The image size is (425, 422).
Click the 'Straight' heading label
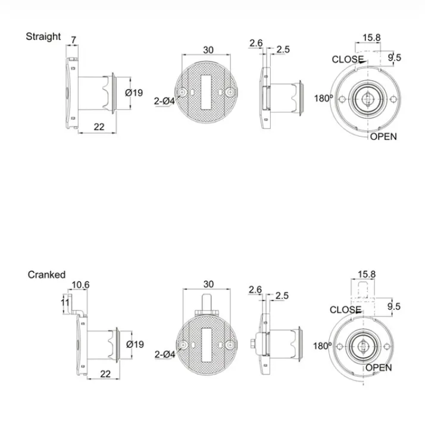[x=43, y=36]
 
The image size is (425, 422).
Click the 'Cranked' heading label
[x=46, y=275]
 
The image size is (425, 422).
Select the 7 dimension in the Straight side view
[x=73, y=40]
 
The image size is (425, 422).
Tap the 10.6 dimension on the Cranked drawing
[x=80, y=285]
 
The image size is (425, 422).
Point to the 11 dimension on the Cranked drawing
[x=66, y=302]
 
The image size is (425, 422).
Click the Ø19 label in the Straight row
[x=134, y=93]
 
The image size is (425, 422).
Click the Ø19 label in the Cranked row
[x=135, y=344]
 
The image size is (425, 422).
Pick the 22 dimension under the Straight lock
[x=99, y=127]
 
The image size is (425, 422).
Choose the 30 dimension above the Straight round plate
[x=208, y=50]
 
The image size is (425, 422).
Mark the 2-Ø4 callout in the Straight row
[x=165, y=101]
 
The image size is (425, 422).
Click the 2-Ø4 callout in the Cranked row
[x=165, y=355]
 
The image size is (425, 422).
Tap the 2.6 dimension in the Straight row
[x=257, y=43]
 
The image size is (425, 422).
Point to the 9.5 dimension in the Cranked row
[x=394, y=307]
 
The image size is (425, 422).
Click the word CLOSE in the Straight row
[x=348, y=59]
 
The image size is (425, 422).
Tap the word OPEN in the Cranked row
[x=379, y=367]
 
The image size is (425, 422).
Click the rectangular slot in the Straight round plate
[x=208, y=92]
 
